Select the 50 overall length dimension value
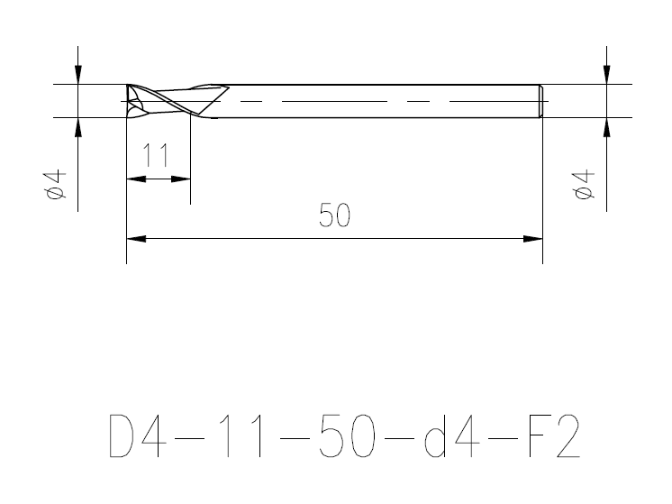pos(334,216)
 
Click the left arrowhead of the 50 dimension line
pos(136,239)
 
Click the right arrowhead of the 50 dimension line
pos(533,239)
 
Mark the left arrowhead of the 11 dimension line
pos(136,179)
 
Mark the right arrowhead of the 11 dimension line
pos(182,179)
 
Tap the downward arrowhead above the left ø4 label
pos(78,75)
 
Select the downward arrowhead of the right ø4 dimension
pos(607,75)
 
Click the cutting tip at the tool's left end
pos(132,101)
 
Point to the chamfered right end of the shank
pos(540,101)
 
